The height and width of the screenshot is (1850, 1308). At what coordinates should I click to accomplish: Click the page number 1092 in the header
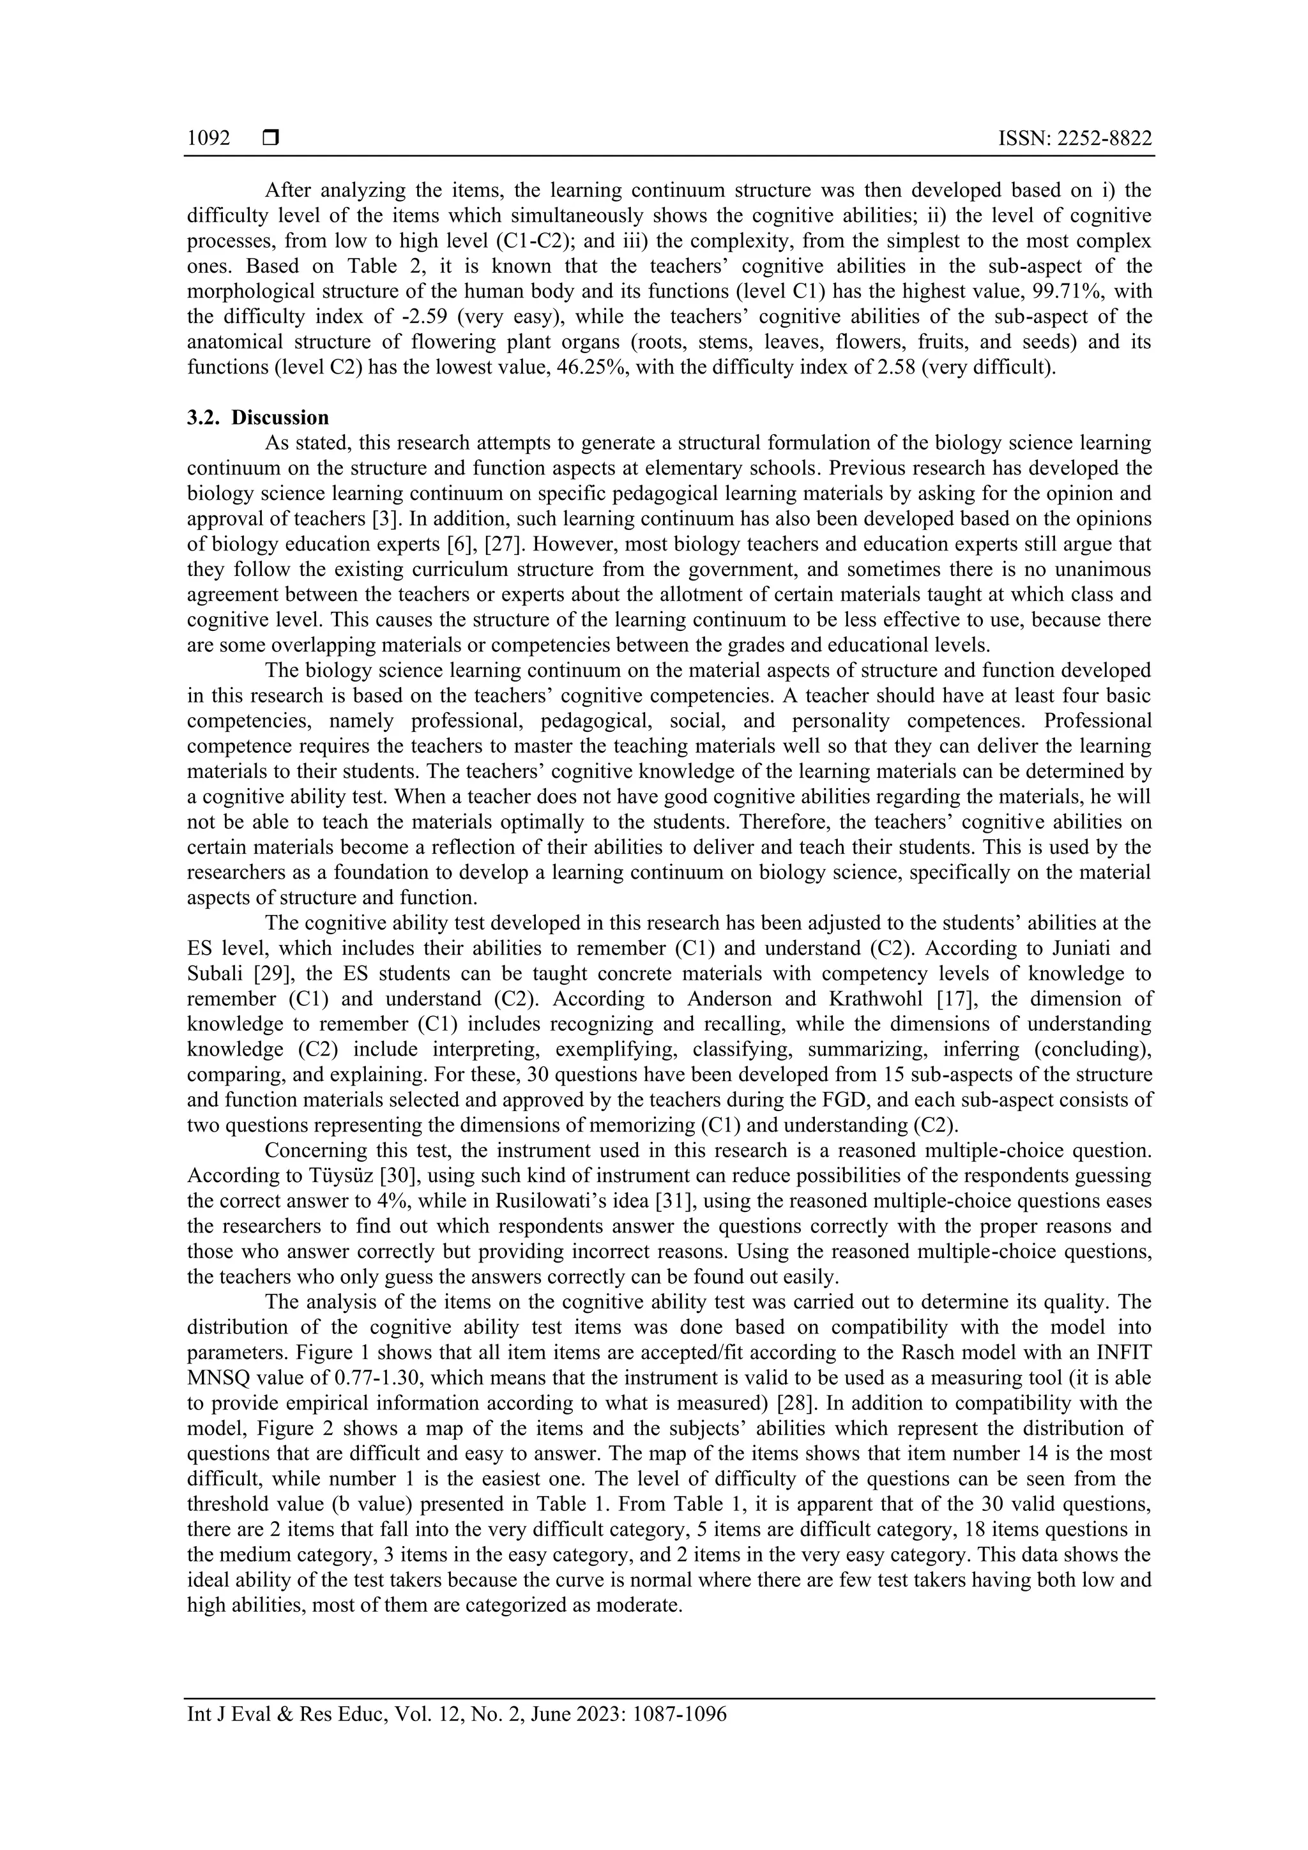point(209,139)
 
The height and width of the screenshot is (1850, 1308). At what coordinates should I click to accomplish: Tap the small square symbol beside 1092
point(271,139)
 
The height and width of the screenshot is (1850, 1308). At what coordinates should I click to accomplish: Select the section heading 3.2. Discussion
point(258,418)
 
